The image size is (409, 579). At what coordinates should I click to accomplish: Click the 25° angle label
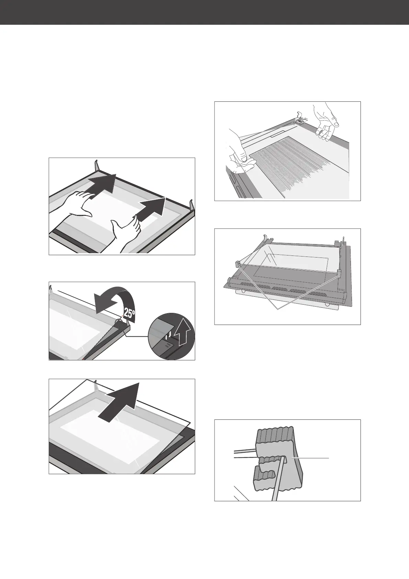[129, 313]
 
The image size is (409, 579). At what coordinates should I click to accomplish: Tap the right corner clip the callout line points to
[339, 272]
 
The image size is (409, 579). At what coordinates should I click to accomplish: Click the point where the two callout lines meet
[278, 309]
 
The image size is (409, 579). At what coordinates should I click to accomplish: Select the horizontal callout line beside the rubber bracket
[310, 458]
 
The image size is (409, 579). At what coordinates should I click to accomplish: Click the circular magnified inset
[171, 336]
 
